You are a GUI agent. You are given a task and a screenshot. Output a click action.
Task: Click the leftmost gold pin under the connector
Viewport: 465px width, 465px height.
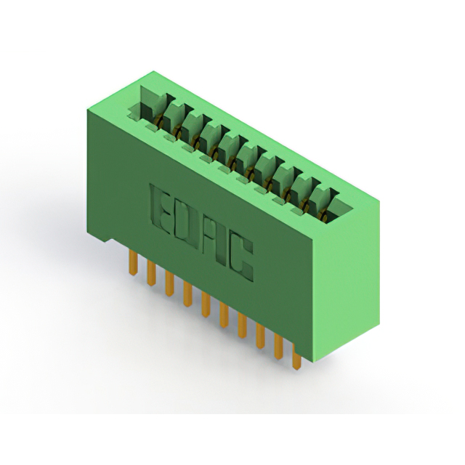click(x=134, y=263)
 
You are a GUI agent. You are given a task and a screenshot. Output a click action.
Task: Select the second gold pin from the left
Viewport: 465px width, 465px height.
click(x=152, y=273)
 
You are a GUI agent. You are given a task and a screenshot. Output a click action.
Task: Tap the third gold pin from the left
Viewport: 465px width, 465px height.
click(x=169, y=284)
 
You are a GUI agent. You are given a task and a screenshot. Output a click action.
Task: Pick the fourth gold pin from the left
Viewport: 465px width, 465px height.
click(x=187, y=294)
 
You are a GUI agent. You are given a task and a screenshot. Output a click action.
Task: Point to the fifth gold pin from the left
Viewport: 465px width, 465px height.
click(x=206, y=304)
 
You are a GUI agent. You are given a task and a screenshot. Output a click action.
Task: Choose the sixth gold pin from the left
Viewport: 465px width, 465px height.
click(x=225, y=315)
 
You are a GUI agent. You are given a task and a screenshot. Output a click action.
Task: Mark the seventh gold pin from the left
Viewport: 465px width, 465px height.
click(x=242, y=325)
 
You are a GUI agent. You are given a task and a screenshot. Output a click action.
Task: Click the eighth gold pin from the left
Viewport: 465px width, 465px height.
click(x=260, y=336)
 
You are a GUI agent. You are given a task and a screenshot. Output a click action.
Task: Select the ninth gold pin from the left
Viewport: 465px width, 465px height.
click(x=278, y=347)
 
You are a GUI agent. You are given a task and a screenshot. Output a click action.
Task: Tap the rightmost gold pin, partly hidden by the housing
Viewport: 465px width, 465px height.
click(x=296, y=357)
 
